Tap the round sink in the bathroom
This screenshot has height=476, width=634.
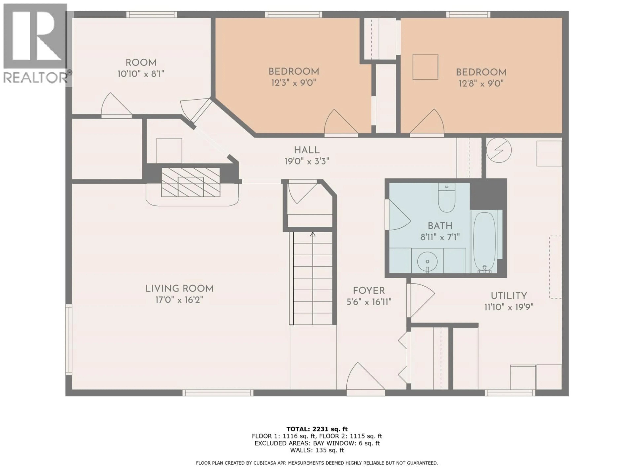(427, 261)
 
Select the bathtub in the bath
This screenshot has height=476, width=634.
(484, 242)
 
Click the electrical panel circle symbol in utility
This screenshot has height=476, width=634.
(499, 150)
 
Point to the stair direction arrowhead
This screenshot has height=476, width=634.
(313, 234)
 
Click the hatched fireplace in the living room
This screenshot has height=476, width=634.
(191, 182)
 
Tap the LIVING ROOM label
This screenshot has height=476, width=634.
(179, 289)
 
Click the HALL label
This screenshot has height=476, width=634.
(307, 150)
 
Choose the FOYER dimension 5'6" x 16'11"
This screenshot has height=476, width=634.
(369, 302)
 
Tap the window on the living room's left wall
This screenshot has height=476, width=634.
(69, 340)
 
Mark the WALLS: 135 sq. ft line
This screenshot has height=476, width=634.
(317, 450)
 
